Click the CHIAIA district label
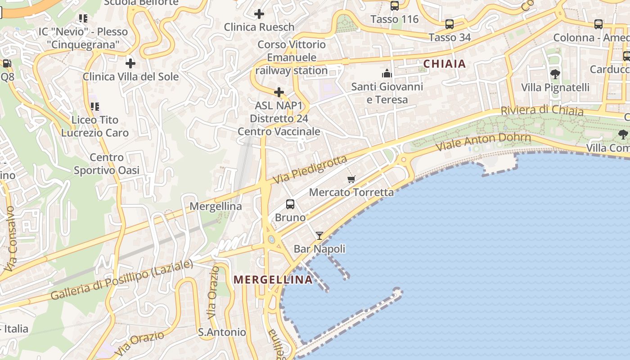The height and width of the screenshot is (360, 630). tap(445, 64)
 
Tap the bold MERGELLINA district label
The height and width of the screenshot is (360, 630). tap(273, 280)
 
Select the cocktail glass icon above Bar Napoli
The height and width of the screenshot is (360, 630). tap(319, 235)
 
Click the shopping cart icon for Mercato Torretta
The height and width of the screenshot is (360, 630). tap(351, 179)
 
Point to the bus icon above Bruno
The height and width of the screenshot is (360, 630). tap(290, 204)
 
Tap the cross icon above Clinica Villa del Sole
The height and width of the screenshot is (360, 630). tap(130, 63)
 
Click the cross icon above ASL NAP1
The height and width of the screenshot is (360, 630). tap(279, 93)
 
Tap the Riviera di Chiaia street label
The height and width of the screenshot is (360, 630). tap(542, 110)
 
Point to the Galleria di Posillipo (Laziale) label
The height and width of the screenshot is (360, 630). tap(121, 280)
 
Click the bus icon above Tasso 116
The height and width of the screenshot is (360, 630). tap(395, 6)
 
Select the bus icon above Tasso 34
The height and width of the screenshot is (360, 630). tap(449, 24)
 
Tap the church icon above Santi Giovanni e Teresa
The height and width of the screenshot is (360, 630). tap(387, 73)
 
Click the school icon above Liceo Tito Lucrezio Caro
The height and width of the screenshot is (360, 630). tap(95, 107)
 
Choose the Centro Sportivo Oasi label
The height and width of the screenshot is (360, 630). tap(107, 164)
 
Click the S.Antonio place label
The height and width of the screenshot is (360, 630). tap(222, 333)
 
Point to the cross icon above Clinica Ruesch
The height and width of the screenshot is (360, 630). tap(259, 14)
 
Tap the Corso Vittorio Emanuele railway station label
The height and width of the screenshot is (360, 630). tap(292, 58)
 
